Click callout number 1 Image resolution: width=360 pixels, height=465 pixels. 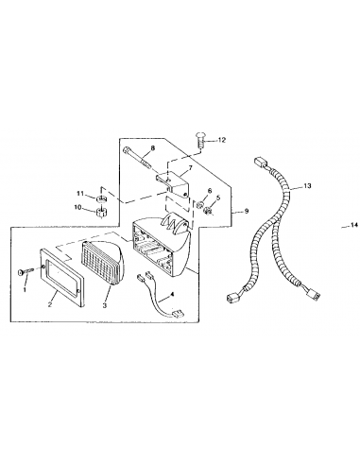(26, 289)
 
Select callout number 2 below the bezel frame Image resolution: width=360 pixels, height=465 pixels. (50, 304)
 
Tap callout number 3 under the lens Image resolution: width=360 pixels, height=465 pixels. (105, 305)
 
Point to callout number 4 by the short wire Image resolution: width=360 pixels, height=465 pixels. (172, 295)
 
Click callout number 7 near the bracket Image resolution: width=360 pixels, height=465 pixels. (191, 169)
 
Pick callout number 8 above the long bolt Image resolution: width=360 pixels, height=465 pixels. (153, 147)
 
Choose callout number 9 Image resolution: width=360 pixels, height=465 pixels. (247, 211)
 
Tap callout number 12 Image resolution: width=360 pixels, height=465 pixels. (222, 140)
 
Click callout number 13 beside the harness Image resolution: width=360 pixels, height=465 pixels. (307, 186)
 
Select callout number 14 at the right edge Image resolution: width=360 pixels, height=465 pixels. (354, 225)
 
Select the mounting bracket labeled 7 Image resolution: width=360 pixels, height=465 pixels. (173, 184)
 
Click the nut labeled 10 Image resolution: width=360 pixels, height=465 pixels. (101, 212)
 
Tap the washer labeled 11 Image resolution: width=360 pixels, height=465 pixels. (101, 199)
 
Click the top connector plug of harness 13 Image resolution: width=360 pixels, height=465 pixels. (260, 163)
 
